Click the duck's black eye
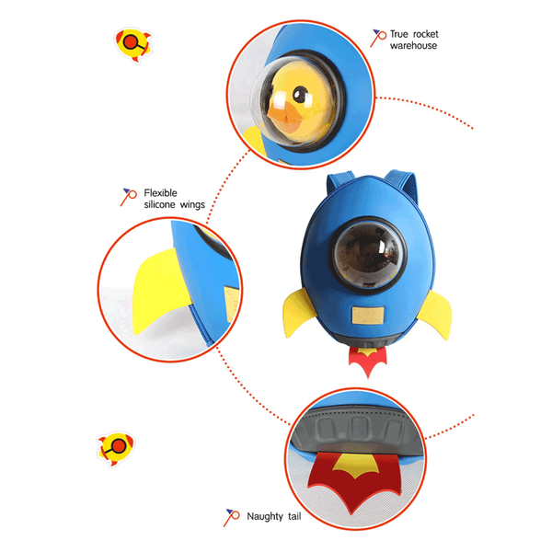(300, 94)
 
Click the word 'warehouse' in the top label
(413, 46)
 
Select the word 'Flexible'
(160, 193)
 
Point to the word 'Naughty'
(265, 516)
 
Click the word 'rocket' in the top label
(425, 34)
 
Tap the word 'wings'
(192, 205)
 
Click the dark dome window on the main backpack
(368, 255)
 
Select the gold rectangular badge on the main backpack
(368, 315)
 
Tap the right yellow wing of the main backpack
(436, 314)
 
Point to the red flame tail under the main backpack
(368, 361)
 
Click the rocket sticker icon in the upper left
(133, 45)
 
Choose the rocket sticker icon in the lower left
(116, 448)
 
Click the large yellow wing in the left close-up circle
(160, 289)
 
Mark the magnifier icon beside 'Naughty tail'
(231, 517)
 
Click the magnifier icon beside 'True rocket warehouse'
(378, 38)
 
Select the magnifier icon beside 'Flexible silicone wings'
(128, 197)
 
